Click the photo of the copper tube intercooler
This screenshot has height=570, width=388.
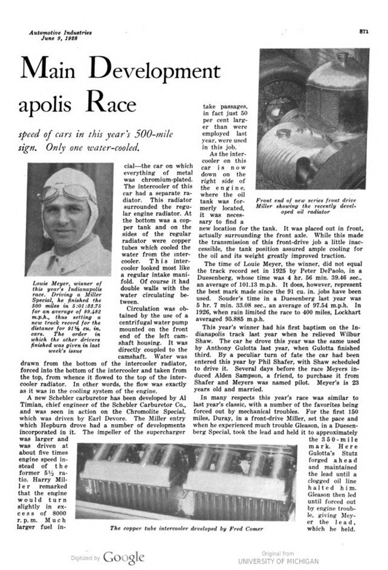pyautogui.click(x=190, y=483)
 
